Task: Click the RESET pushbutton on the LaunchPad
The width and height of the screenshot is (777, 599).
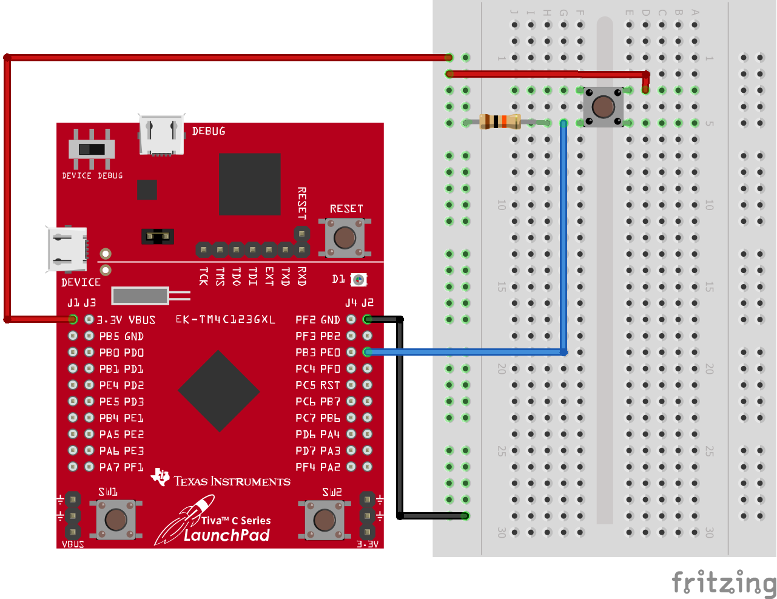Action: point(345,237)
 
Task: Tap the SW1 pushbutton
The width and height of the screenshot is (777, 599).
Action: point(116,519)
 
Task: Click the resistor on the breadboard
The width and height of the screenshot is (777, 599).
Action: point(500,122)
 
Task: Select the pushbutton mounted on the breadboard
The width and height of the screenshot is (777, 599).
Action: point(602,107)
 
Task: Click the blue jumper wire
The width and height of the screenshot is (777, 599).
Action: point(563,243)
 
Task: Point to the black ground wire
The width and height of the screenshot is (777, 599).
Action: point(400,425)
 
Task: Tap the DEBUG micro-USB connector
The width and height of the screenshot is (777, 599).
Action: point(161,135)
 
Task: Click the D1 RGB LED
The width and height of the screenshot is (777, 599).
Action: point(359,280)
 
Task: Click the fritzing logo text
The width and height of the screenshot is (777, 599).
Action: point(723,583)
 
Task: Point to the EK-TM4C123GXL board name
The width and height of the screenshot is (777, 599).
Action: point(225,319)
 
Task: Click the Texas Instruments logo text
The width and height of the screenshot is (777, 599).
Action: point(232,481)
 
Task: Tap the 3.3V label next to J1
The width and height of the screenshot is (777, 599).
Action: point(109,320)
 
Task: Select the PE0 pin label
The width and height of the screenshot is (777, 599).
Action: point(330,353)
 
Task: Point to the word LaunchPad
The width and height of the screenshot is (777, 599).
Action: point(226,535)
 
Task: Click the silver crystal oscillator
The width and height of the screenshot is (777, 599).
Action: point(140,296)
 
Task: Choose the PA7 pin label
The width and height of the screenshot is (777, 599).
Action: point(109,467)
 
